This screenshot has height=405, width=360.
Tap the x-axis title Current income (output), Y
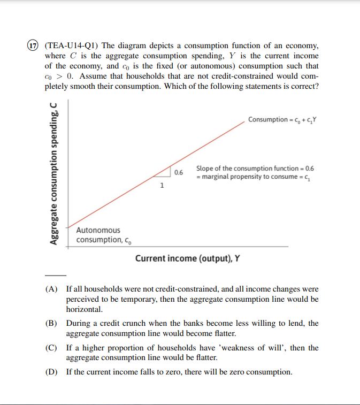[187, 258]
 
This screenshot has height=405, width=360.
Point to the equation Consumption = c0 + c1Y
[282, 119]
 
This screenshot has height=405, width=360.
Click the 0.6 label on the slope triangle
[178, 172]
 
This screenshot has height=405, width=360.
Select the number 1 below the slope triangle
[162, 186]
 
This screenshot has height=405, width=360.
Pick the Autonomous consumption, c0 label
[99, 235]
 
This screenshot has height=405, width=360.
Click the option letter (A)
[51, 289]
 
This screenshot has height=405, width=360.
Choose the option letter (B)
[51, 323]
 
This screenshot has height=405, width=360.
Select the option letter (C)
[51, 348]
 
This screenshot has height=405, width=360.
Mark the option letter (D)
[51, 372]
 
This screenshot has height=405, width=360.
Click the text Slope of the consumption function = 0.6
[255, 168]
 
